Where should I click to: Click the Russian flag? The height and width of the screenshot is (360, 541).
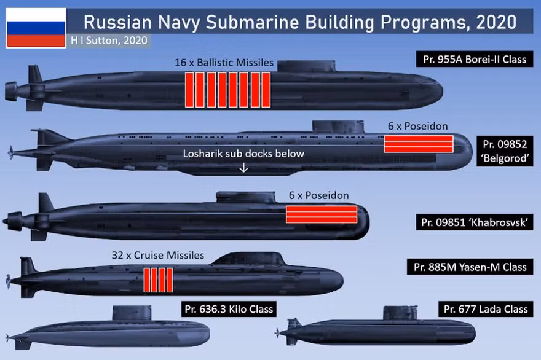pyautogui.click(x=36, y=28)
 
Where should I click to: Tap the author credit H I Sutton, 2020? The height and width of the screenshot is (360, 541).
pyautogui.click(x=109, y=41)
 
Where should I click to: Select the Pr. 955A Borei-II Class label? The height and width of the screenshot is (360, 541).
pyautogui.click(x=475, y=60)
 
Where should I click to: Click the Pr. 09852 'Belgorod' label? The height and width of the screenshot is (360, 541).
pyautogui.click(x=505, y=151)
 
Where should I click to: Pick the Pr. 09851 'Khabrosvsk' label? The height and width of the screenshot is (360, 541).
pyautogui.click(x=475, y=222)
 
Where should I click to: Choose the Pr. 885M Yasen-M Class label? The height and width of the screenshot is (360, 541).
pyautogui.click(x=470, y=267)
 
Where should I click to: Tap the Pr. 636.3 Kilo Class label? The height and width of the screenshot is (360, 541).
pyautogui.click(x=229, y=309)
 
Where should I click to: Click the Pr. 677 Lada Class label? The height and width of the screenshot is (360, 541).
pyautogui.click(x=486, y=309)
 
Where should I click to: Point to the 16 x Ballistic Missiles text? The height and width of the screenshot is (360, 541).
pyautogui.click(x=224, y=63)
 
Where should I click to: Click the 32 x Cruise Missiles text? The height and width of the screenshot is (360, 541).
pyautogui.click(x=157, y=255)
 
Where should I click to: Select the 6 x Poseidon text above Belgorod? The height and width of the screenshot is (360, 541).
pyautogui.click(x=417, y=126)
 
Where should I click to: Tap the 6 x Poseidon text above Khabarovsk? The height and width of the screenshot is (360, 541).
pyautogui.click(x=318, y=195)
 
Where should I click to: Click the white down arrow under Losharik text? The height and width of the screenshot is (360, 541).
pyautogui.click(x=243, y=168)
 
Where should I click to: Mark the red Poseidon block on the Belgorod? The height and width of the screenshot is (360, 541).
pyautogui.click(x=419, y=144)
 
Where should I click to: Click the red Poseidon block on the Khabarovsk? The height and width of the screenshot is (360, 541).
pyautogui.click(x=322, y=214)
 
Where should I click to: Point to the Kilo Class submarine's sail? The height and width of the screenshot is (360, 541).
pyautogui.click(x=132, y=313)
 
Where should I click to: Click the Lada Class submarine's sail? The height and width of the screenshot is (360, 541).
pyautogui.click(x=400, y=313)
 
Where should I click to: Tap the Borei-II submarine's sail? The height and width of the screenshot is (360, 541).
pyautogui.click(x=306, y=66)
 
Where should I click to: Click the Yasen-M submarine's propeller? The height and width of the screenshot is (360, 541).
pyautogui.click(x=9, y=281)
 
